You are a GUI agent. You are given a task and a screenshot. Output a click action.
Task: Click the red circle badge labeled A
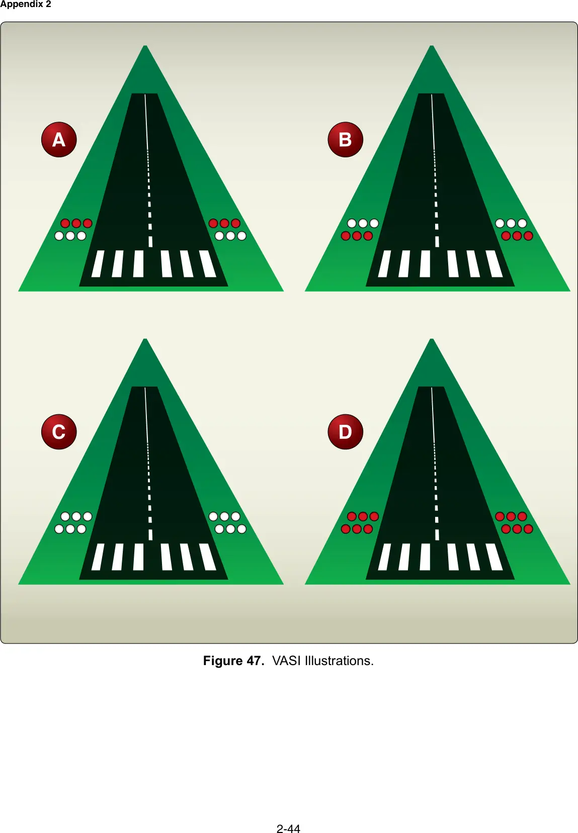pos(59,139)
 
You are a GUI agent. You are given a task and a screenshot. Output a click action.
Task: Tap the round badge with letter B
pos(346,139)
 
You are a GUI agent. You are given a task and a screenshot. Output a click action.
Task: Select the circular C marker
pos(59,432)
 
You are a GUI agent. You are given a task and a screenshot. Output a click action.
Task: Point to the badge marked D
pos(346,432)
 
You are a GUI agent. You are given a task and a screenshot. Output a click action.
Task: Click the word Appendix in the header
pos(21,5)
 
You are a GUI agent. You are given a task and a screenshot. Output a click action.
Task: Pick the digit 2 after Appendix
pos(48,4)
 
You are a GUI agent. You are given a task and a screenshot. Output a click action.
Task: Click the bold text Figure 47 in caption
pos(233,661)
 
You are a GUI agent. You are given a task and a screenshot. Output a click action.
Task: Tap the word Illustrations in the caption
pos(339,661)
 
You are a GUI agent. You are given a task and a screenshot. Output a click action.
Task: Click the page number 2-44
pos(288,828)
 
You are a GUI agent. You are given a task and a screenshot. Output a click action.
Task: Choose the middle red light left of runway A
pos(76,223)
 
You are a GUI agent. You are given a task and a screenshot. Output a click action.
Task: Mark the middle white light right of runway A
pos(230,236)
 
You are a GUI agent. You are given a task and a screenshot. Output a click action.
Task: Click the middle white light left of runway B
pos(363,223)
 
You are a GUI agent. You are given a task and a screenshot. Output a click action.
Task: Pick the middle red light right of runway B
pos(517,236)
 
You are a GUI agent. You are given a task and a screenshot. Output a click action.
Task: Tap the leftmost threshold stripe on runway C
pos(98,557)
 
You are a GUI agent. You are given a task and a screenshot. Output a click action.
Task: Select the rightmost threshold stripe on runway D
pos(494,557)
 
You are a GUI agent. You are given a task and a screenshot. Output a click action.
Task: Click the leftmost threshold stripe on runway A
pos(98,263)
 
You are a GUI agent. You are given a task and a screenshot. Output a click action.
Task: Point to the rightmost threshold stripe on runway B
pos(494,263)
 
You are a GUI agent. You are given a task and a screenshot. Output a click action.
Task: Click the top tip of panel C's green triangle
pos(145,339)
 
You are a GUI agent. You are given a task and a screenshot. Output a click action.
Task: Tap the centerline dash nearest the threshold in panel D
pos(437,535)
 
